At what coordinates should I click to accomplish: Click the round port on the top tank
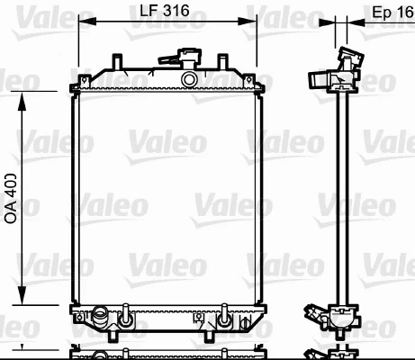(189, 80)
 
